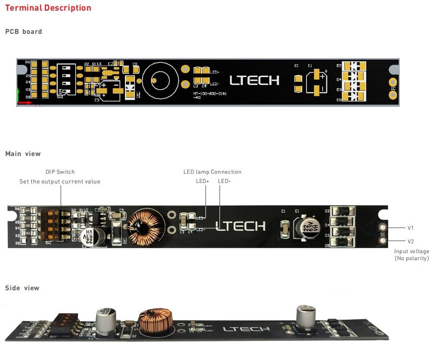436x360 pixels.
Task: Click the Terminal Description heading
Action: pos(48,8)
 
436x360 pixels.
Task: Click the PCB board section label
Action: pos(24,32)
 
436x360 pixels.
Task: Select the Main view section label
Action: pos(23,154)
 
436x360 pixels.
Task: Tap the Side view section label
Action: pos(22,288)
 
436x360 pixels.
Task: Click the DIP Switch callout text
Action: pos(60,172)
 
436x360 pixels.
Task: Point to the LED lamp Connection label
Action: pos(212,172)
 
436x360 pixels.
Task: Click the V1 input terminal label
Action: pos(410,228)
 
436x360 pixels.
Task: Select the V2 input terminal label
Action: pos(410,242)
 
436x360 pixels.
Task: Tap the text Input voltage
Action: pos(411,251)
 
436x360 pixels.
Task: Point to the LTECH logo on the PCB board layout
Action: pos(254,80)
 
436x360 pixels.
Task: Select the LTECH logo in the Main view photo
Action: pos(241,226)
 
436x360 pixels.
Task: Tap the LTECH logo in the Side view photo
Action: pos(246,329)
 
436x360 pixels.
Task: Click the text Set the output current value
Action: pos(60,181)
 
